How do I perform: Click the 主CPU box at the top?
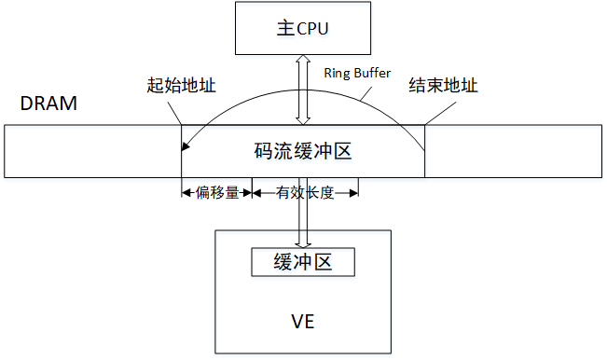coord(303,28)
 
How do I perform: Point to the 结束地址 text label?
coord(444,86)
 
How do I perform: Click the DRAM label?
coord(48,104)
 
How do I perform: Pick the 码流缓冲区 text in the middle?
coord(303,150)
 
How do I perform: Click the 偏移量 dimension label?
coord(217,193)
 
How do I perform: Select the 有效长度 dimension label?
coord(306,193)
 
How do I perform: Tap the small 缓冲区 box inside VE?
coord(304,262)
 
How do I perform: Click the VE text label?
coord(302,322)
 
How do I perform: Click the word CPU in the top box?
coord(314,28)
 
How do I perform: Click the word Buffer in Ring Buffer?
coord(370,72)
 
